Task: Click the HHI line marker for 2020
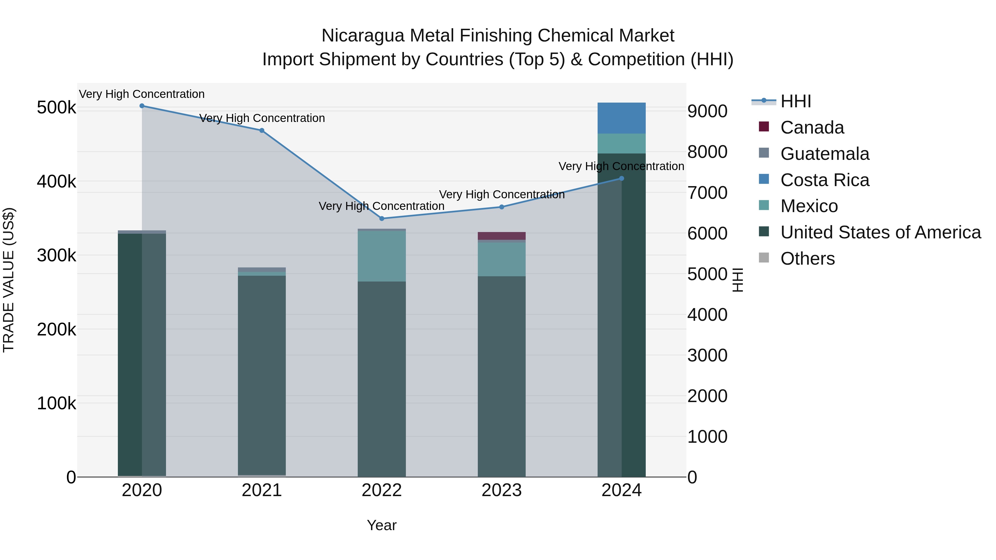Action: pyautogui.click(x=142, y=106)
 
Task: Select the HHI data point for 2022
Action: pyautogui.click(x=382, y=219)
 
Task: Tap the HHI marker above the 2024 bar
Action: pyautogui.click(x=622, y=179)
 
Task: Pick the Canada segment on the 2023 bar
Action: pyautogui.click(x=502, y=236)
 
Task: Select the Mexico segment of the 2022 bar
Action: pyautogui.click(x=382, y=256)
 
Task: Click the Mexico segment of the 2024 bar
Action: pyautogui.click(x=621, y=143)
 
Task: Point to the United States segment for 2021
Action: pyautogui.click(x=262, y=375)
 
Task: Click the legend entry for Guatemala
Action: pyautogui.click(x=825, y=154)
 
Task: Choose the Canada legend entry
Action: pyautogui.click(x=812, y=127)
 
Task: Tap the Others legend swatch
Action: pyautogui.click(x=764, y=257)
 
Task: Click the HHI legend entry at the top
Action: pyautogui.click(x=795, y=101)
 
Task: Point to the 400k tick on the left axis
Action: pyautogui.click(x=56, y=181)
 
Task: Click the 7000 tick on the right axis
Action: pyautogui.click(x=707, y=192)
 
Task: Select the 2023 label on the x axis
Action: pyautogui.click(x=502, y=490)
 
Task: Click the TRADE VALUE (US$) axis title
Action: pyautogui.click(x=9, y=280)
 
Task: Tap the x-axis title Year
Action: pyautogui.click(x=382, y=525)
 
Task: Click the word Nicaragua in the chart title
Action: pyautogui.click(x=363, y=36)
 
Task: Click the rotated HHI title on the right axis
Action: pyautogui.click(x=738, y=280)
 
